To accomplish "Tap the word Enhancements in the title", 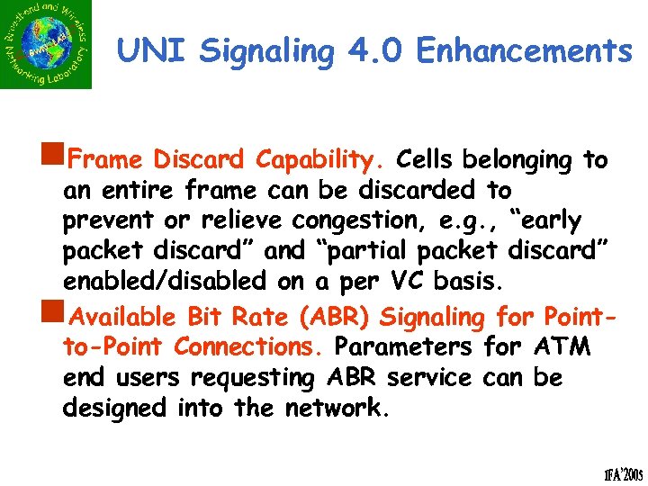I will point(524,50).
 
